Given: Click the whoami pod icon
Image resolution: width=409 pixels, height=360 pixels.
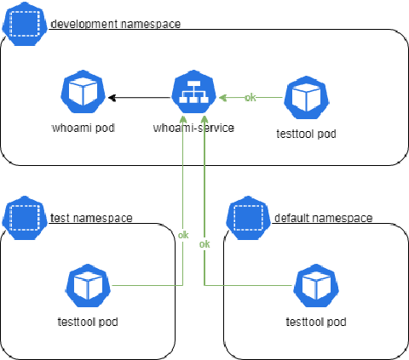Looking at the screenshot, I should click(x=83, y=96).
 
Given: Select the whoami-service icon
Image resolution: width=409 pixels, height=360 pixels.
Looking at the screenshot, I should click(x=192, y=96).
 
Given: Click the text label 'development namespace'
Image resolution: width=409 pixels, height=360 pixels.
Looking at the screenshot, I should click(x=116, y=24).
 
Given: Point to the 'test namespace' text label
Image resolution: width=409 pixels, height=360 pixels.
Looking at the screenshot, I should click(x=91, y=218).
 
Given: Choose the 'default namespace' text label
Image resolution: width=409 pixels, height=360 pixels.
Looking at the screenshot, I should click(x=323, y=218).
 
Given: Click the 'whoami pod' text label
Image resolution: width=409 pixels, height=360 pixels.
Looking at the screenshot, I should click(x=83, y=129).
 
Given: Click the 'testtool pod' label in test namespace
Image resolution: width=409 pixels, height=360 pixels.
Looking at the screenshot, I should click(x=87, y=322).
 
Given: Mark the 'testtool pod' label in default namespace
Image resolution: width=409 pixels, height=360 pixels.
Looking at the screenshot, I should click(x=315, y=322).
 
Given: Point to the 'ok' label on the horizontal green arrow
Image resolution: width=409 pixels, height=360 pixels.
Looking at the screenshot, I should click(x=250, y=97).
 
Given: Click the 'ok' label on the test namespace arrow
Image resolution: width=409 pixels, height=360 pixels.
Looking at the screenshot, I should click(x=183, y=234).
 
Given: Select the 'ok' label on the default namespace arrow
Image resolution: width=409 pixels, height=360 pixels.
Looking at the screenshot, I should click(x=204, y=244).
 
